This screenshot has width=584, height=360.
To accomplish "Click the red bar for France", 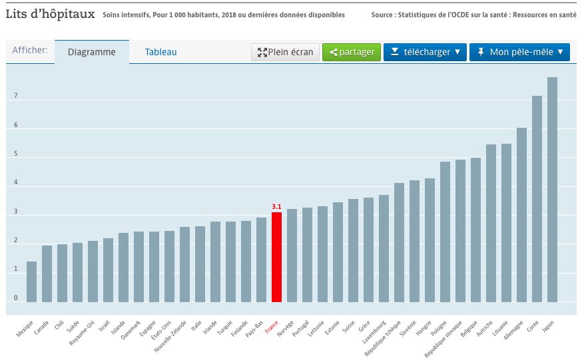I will pyautogui.click(x=276, y=257).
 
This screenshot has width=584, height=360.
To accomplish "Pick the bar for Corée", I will pyautogui.click(x=537, y=199).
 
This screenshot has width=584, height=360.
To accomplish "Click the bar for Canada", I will pyautogui.click(x=47, y=273).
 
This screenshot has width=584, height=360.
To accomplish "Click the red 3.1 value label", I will pyautogui.click(x=276, y=207).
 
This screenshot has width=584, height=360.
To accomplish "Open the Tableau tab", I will pyautogui.click(x=161, y=52).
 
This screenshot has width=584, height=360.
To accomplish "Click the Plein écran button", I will pyautogui.click(x=285, y=52).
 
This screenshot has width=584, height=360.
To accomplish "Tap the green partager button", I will pyautogui.click(x=352, y=52).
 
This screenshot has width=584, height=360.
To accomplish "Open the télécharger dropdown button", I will pyautogui.click(x=426, y=52).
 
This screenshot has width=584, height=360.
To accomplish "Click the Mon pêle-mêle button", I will pyautogui.click(x=520, y=52).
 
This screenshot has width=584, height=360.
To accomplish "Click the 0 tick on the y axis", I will pyautogui.click(x=15, y=299).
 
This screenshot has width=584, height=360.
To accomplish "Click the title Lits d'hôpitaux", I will pyautogui.click(x=50, y=14).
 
